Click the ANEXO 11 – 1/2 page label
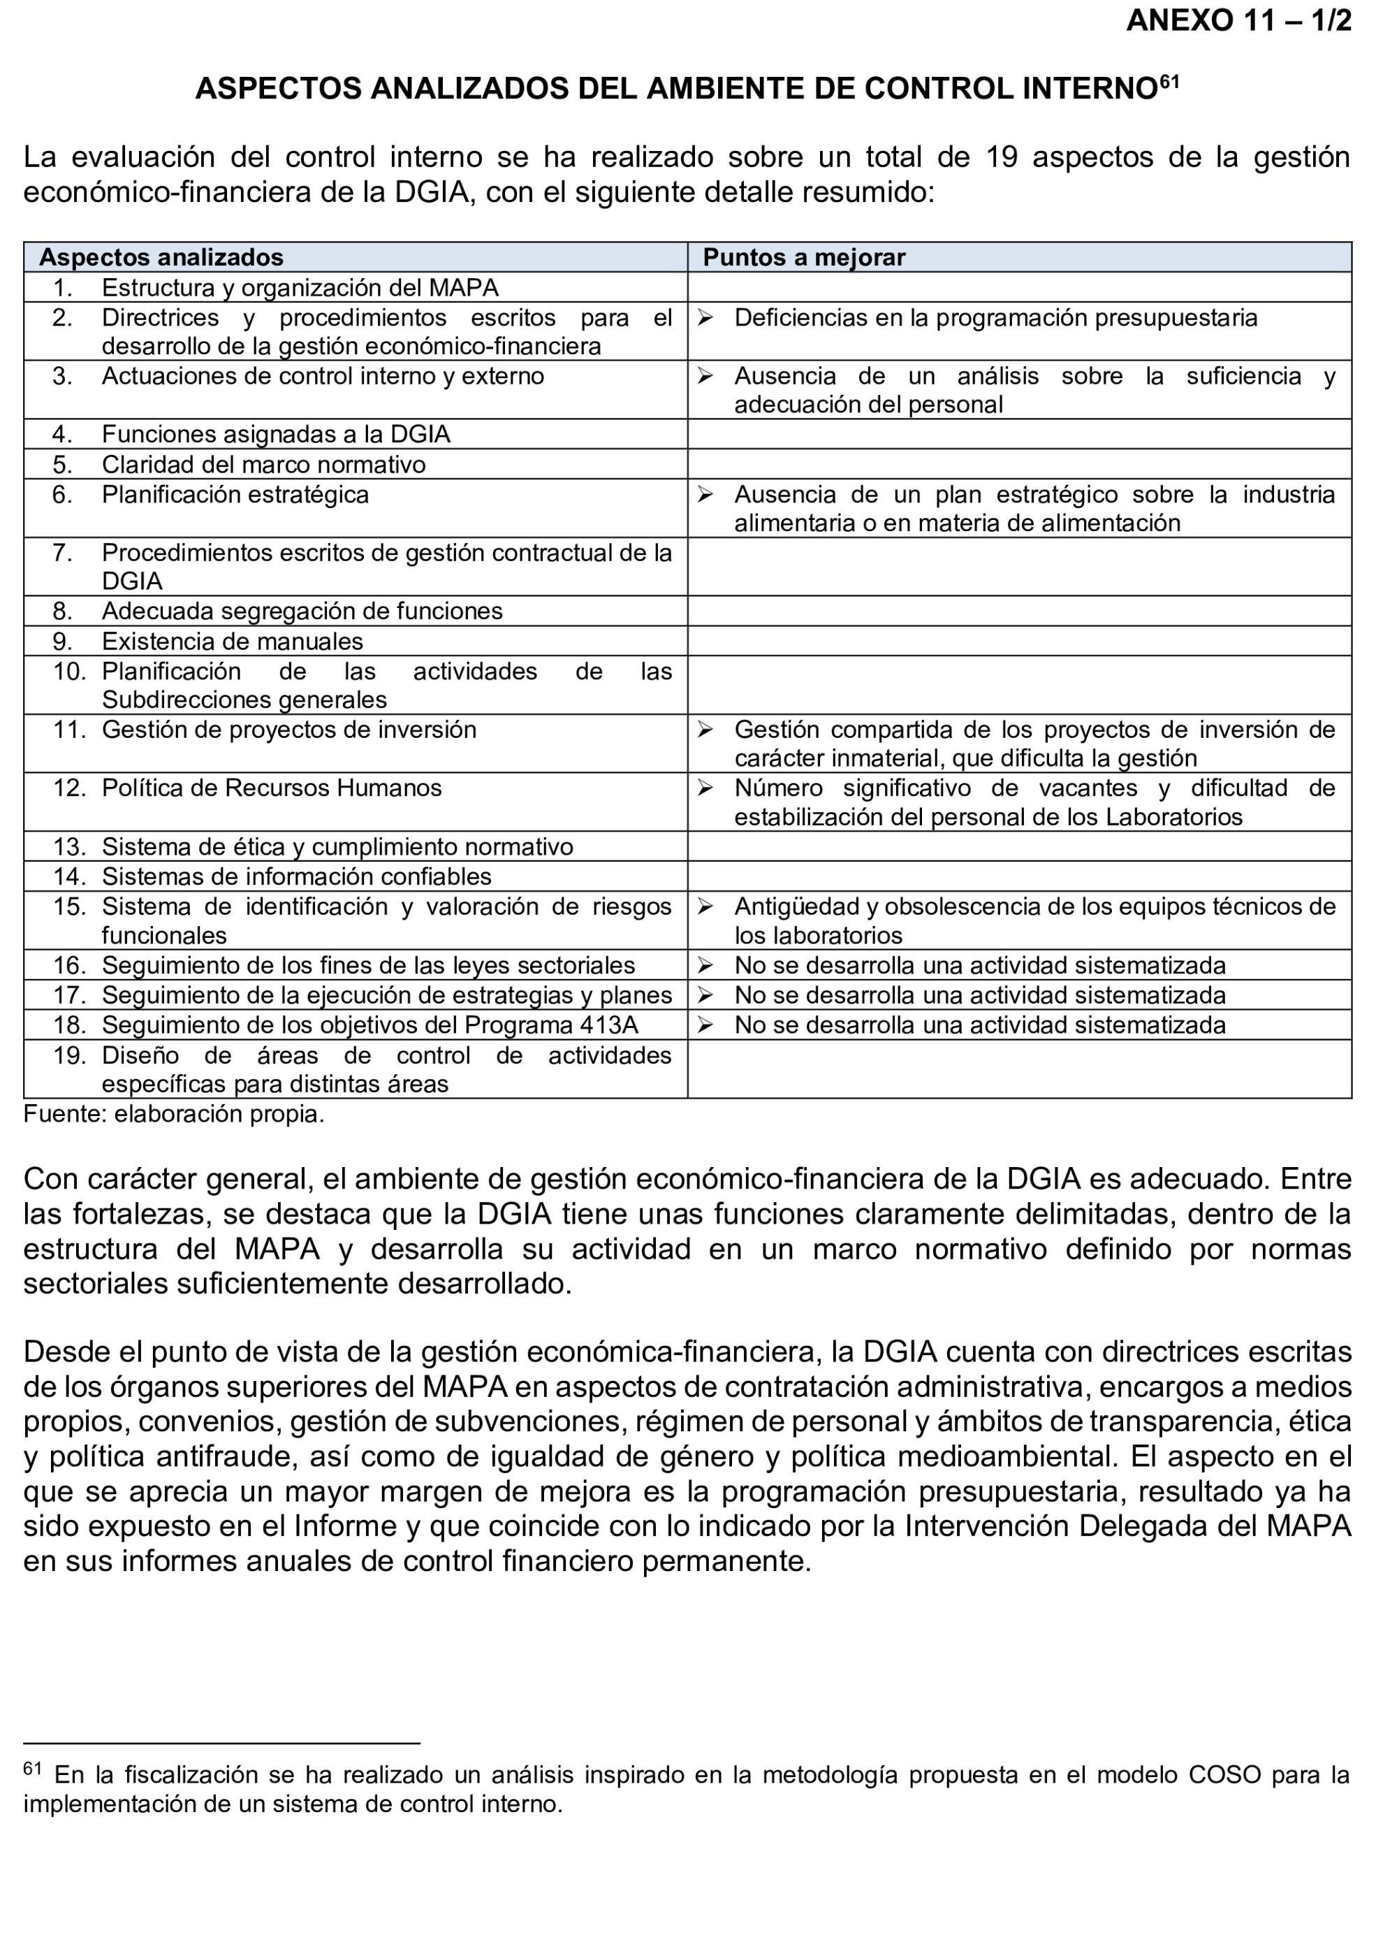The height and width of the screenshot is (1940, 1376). pyautogui.click(x=1238, y=21)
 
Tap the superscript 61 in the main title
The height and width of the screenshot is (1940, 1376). pyautogui.click(x=1169, y=82)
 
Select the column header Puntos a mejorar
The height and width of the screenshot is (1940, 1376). pyautogui.click(x=803, y=258)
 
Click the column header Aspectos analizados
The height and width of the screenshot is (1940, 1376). pyautogui.click(x=161, y=258)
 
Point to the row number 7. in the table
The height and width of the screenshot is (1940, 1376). pyautogui.click(x=62, y=553)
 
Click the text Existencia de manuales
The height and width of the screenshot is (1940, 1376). pyautogui.click(x=232, y=641)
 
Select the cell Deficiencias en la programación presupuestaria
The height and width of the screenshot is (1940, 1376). pyautogui.click(x=995, y=318)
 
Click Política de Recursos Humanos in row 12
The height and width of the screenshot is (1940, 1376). pyautogui.click(x=271, y=788)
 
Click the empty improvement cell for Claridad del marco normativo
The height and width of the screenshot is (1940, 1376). pyautogui.click(x=1018, y=465)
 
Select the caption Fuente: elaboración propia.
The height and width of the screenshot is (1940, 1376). pyautogui.click(x=174, y=1115)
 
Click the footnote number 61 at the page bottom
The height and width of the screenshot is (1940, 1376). pyautogui.click(x=32, y=1769)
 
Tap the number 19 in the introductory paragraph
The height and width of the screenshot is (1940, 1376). pyautogui.click(x=1002, y=158)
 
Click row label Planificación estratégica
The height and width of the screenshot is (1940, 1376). pyautogui.click(x=235, y=495)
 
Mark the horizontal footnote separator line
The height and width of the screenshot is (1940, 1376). pyautogui.click(x=221, y=1744)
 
